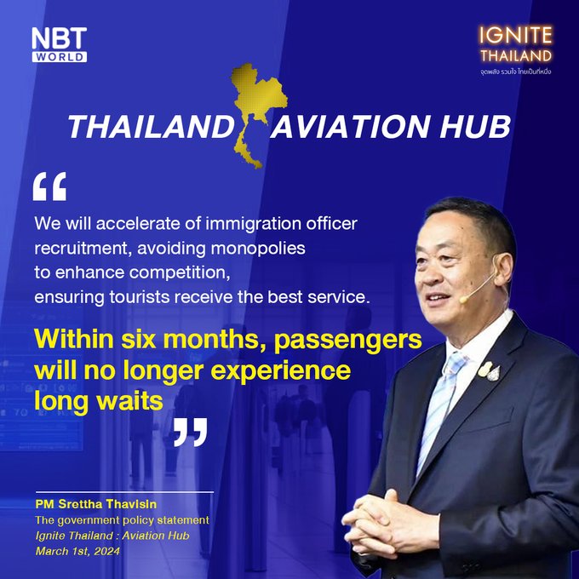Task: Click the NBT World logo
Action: (x=59, y=44)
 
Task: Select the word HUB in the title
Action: (x=475, y=127)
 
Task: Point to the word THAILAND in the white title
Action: (x=151, y=127)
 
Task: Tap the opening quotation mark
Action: (x=49, y=186)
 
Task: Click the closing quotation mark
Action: (x=191, y=432)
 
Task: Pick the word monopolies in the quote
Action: (x=258, y=248)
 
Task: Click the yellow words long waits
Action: (x=99, y=401)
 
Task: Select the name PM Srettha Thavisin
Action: (x=96, y=504)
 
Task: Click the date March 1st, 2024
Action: (x=77, y=551)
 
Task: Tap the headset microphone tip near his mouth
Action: (x=463, y=300)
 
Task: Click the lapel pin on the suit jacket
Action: (x=489, y=370)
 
